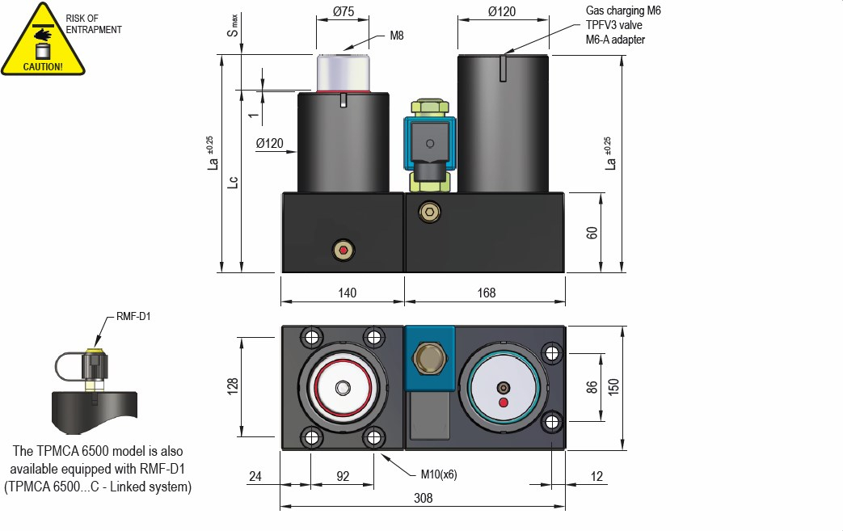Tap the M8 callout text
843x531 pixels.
(x=397, y=36)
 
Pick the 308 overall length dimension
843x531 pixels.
(x=423, y=499)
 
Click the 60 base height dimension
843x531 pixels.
(x=592, y=233)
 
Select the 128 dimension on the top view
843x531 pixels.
(x=232, y=386)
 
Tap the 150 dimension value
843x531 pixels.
(x=613, y=387)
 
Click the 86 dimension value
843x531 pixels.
(x=592, y=387)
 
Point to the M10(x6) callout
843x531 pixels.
(x=439, y=474)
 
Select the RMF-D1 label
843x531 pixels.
(x=133, y=317)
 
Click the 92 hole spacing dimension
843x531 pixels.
(x=342, y=477)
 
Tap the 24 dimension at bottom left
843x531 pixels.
(x=255, y=477)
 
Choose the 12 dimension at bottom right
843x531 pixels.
(x=596, y=477)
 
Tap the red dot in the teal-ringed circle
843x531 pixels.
(x=504, y=402)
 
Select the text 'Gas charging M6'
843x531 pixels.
(x=623, y=11)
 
